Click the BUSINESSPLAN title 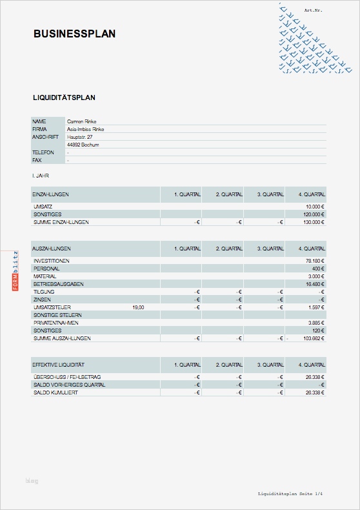74,34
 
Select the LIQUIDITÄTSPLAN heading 64,97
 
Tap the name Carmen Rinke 81,121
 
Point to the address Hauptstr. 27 80,137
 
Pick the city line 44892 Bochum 82,145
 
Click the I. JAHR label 41,175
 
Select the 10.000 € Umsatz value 315,207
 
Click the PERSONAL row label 46,269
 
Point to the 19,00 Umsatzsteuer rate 137,307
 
